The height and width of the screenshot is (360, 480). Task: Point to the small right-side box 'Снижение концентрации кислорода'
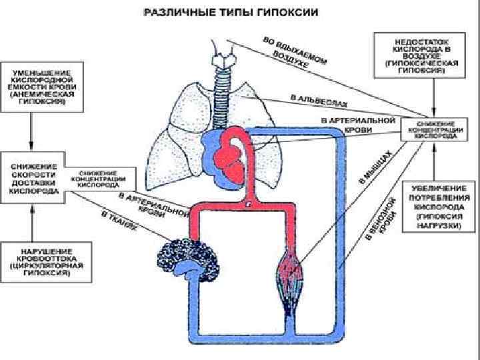pyautogui.click(x=437, y=130)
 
